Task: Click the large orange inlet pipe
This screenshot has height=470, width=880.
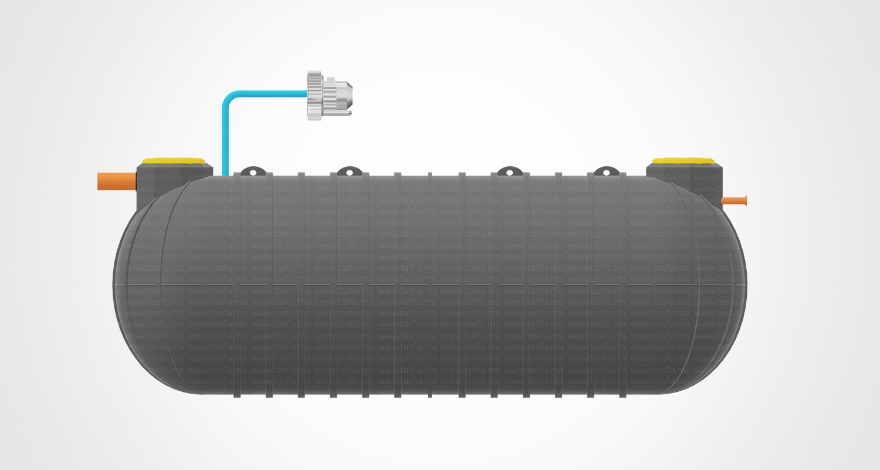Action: tap(117, 182)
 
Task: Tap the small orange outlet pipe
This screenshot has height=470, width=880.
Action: tap(734, 201)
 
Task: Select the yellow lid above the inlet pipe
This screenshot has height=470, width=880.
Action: tap(173, 161)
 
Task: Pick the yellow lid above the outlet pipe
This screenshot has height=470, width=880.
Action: tap(683, 161)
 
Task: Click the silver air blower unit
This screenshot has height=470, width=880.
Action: tap(329, 96)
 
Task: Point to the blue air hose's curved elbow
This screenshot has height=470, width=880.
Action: tap(228, 97)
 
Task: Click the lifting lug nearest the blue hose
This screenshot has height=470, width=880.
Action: tap(253, 172)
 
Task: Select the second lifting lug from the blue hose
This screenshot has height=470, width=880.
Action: tap(350, 172)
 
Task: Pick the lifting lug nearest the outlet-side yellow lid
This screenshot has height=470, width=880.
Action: tap(606, 172)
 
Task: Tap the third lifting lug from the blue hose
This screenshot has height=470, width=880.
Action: tap(510, 172)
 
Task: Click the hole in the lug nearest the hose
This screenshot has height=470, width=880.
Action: tap(253, 172)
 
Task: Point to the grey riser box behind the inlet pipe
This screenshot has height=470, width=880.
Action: tap(174, 185)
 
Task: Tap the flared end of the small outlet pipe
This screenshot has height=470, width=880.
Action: tap(745, 201)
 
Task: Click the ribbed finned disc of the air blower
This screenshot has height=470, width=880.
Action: tap(314, 96)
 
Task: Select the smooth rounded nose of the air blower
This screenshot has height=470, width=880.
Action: tap(344, 95)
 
